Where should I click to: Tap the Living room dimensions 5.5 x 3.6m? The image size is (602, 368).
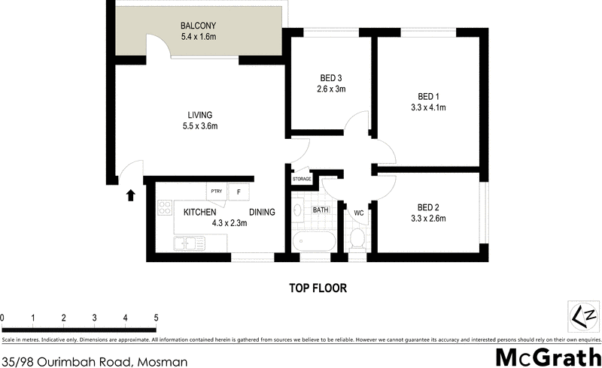pyautogui.click(x=199, y=126)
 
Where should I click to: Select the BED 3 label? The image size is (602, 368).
pyautogui.click(x=331, y=78)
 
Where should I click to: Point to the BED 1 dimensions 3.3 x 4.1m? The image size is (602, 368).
pyautogui.click(x=428, y=107)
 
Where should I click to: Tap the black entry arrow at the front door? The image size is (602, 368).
pyautogui.click(x=130, y=195)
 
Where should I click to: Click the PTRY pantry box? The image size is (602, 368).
pyautogui.click(x=217, y=191)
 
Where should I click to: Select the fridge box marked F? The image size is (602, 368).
pyautogui.click(x=239, y=192)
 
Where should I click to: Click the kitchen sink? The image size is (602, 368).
pyautogui.click(x=186, y=243)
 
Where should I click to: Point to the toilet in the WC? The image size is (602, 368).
pyautogui.click(x=358, y=240)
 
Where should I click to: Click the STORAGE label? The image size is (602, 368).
pyautogui.click(x=302, y=179)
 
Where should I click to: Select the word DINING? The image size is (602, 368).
pyautogui.click(x=262, y=213)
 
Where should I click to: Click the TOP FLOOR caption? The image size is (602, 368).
pyautogui.click(x=318, y=288)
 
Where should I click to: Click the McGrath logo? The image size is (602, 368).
pyautogui.click(x=547, y=357)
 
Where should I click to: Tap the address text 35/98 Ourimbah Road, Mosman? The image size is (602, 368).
pyautogui.click(x=94, y=361)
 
